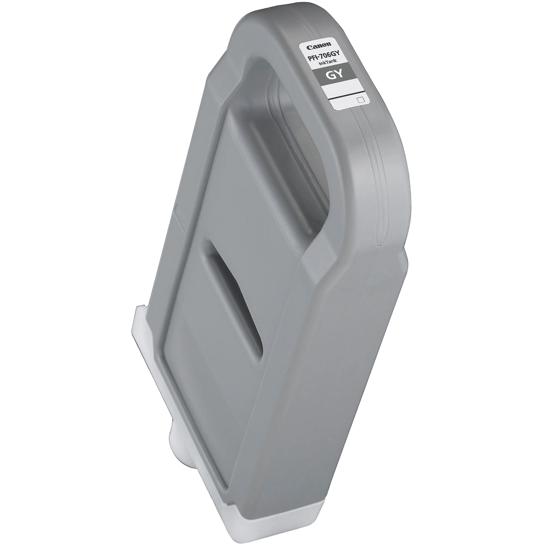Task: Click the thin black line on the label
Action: (x=344, y=95)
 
